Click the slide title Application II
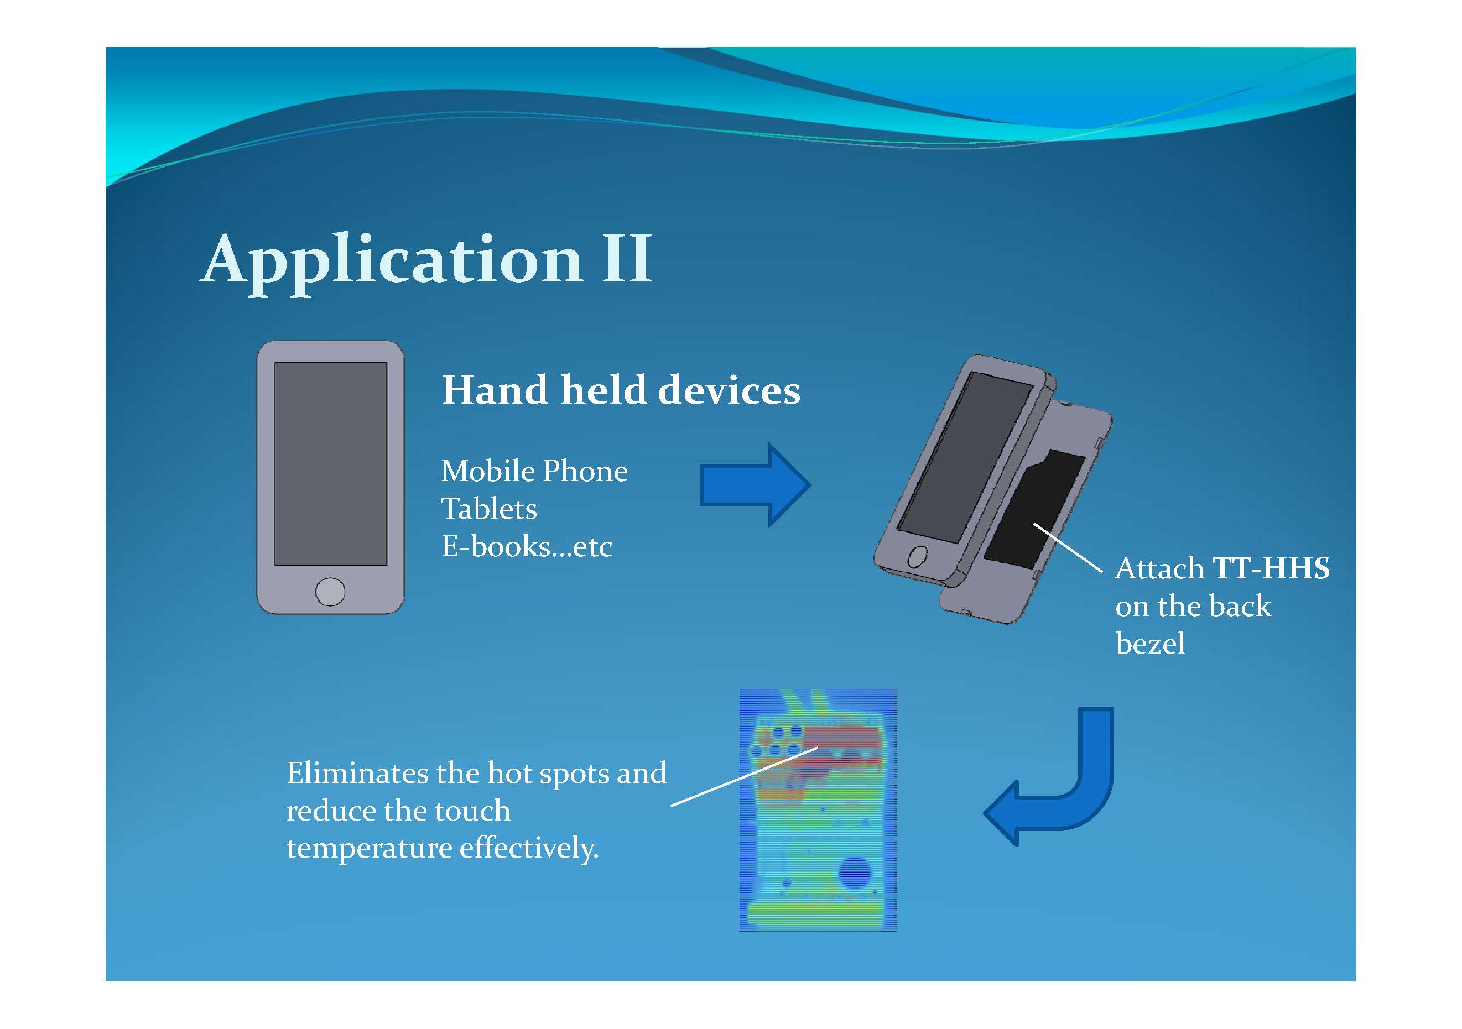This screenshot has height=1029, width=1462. [x=426, y=261]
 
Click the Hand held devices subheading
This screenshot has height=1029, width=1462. [x=621, y=389]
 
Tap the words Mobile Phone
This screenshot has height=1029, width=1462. [x=534, y=472]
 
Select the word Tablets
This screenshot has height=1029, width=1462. [x=489, y=509]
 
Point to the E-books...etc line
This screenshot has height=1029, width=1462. [x=527, y=546]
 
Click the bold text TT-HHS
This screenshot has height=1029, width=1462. [x=1271, y=568]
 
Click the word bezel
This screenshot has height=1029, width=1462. [x=1151, y=644]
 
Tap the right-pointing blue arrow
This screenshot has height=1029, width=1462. [x=755, y=485]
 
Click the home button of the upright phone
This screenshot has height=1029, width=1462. [x=330, y=592]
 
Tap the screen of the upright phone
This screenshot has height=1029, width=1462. [x=330, y=464]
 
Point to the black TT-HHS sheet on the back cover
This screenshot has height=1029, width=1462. [x=1035, y=509]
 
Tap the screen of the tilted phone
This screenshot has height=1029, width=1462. [x=965, y=457]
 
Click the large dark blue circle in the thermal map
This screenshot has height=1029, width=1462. [x=854, y=872]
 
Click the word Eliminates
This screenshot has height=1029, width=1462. [x=357, y=774]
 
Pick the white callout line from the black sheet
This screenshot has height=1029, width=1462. [x=1068, y=548]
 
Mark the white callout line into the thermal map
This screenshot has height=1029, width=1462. [x=745, y=776]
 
